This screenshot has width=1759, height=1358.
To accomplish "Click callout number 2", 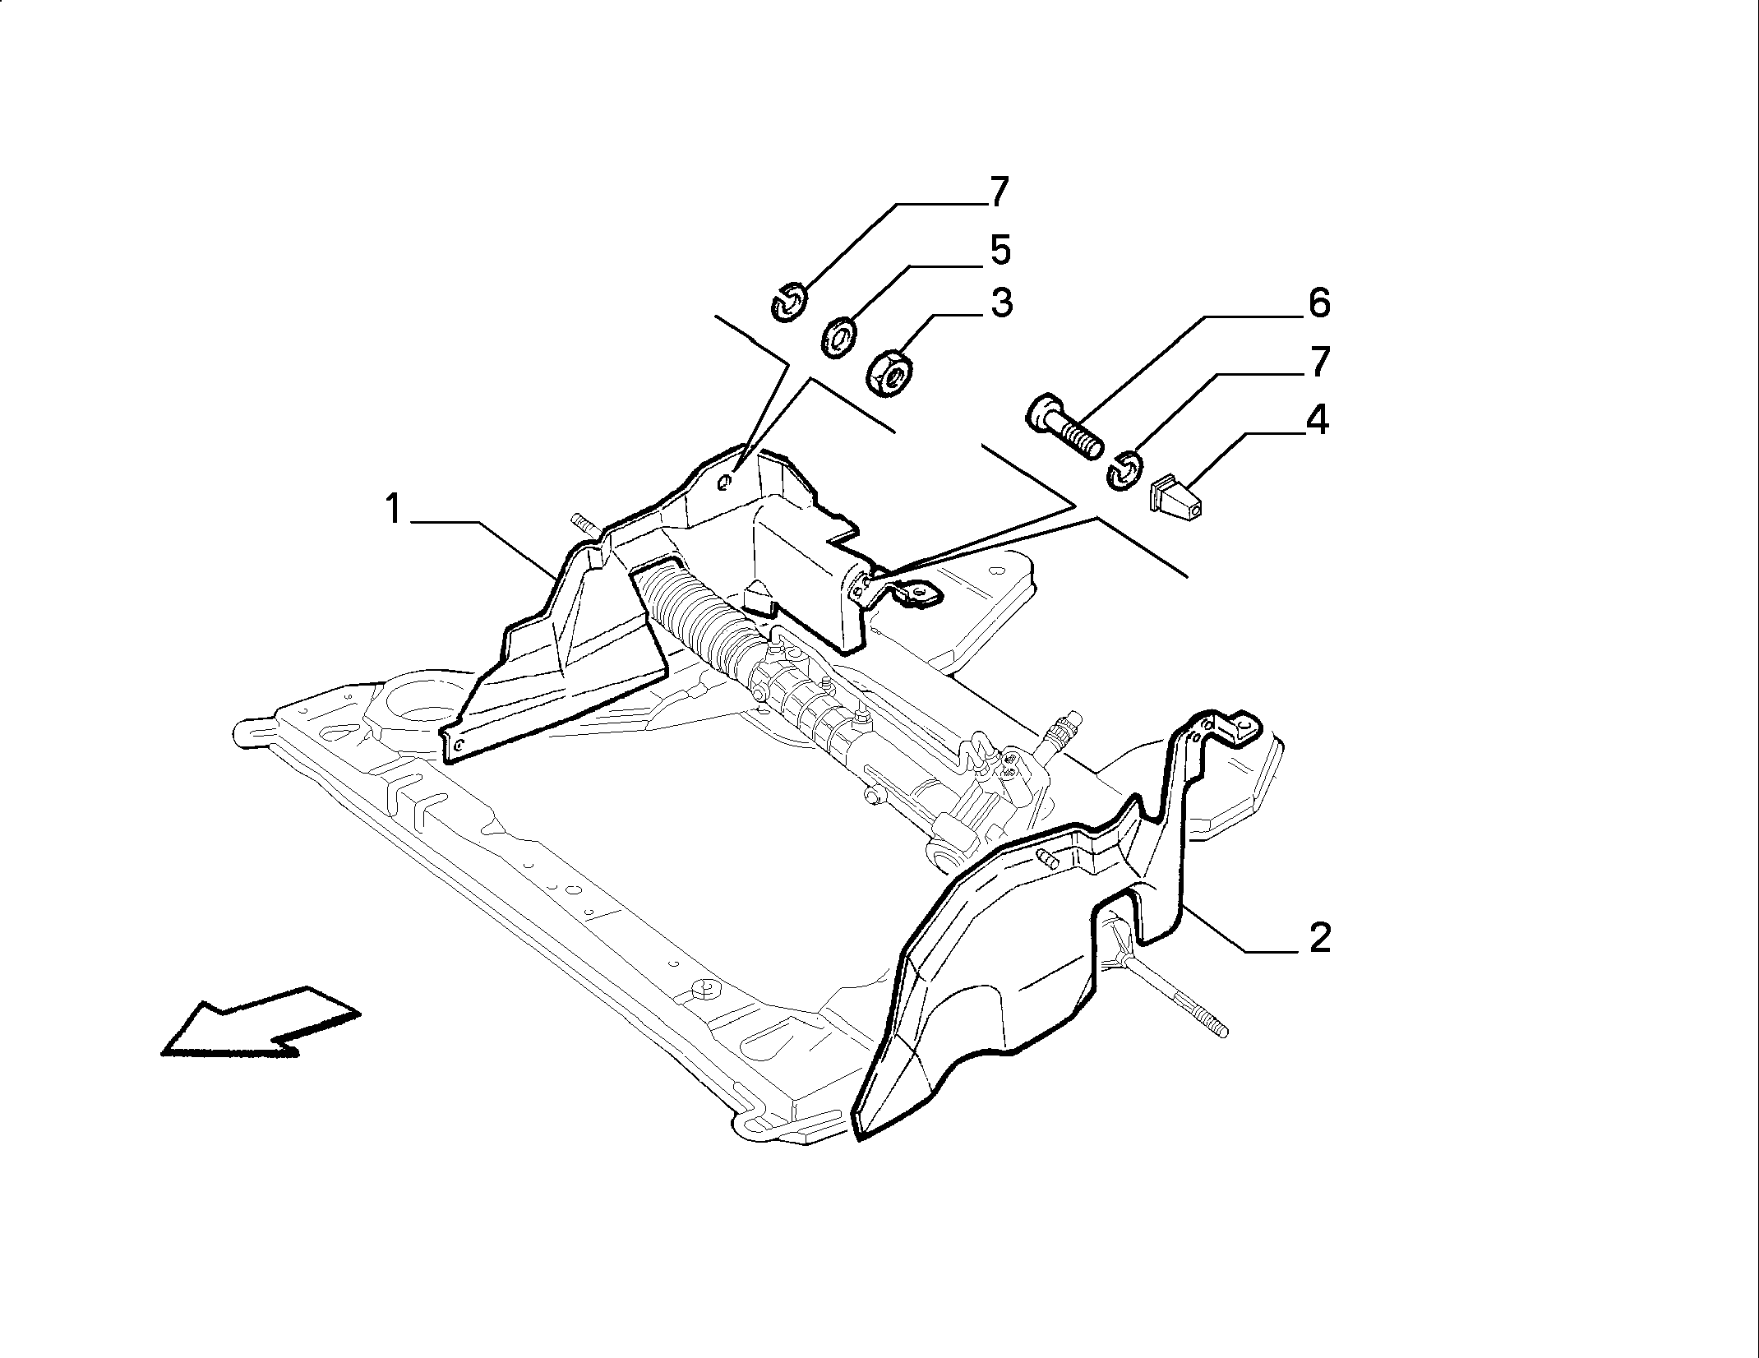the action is pos(1318,938).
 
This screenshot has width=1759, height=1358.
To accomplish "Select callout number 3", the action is pos(1000,303).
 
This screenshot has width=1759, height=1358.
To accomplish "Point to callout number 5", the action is pos(1000,250).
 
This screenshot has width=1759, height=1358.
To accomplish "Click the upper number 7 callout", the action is pos(997,192).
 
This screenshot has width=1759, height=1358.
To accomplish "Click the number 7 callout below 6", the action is pos(1318,362).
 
